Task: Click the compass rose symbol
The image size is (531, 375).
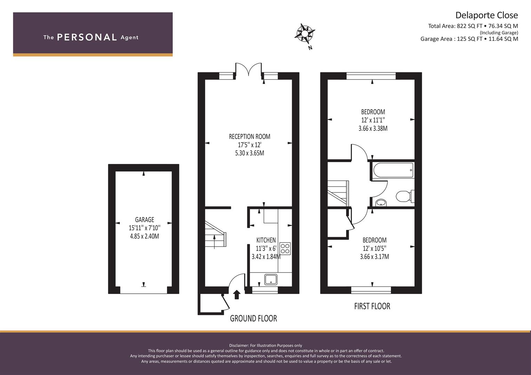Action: click(x=305, y=34)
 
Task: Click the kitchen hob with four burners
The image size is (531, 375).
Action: click(x=285, y=249)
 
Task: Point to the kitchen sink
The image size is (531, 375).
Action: click(x=271, y=280)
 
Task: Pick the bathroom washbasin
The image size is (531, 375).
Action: click(x=381, y=203)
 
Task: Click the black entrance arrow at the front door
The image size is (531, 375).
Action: click(x=236, y=295)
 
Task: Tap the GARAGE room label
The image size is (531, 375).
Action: click(x=145, y=220)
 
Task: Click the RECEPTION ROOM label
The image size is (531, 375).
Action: click(x=250, y=136)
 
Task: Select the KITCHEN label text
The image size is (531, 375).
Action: click(x=266, y=240)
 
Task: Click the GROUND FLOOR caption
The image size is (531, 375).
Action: click(x=254, y=318)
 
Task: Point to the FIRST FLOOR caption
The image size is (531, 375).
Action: click(x=372, y=306)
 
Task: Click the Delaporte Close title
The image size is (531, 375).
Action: click(x=487, y=15)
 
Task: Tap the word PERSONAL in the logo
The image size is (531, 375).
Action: click(x=87, y=37)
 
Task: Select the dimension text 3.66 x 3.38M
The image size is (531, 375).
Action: click(x=373, y=128)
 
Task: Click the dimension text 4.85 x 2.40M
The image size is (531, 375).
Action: click(x=144, y=236)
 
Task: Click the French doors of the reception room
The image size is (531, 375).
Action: click(x=248, y=69)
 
